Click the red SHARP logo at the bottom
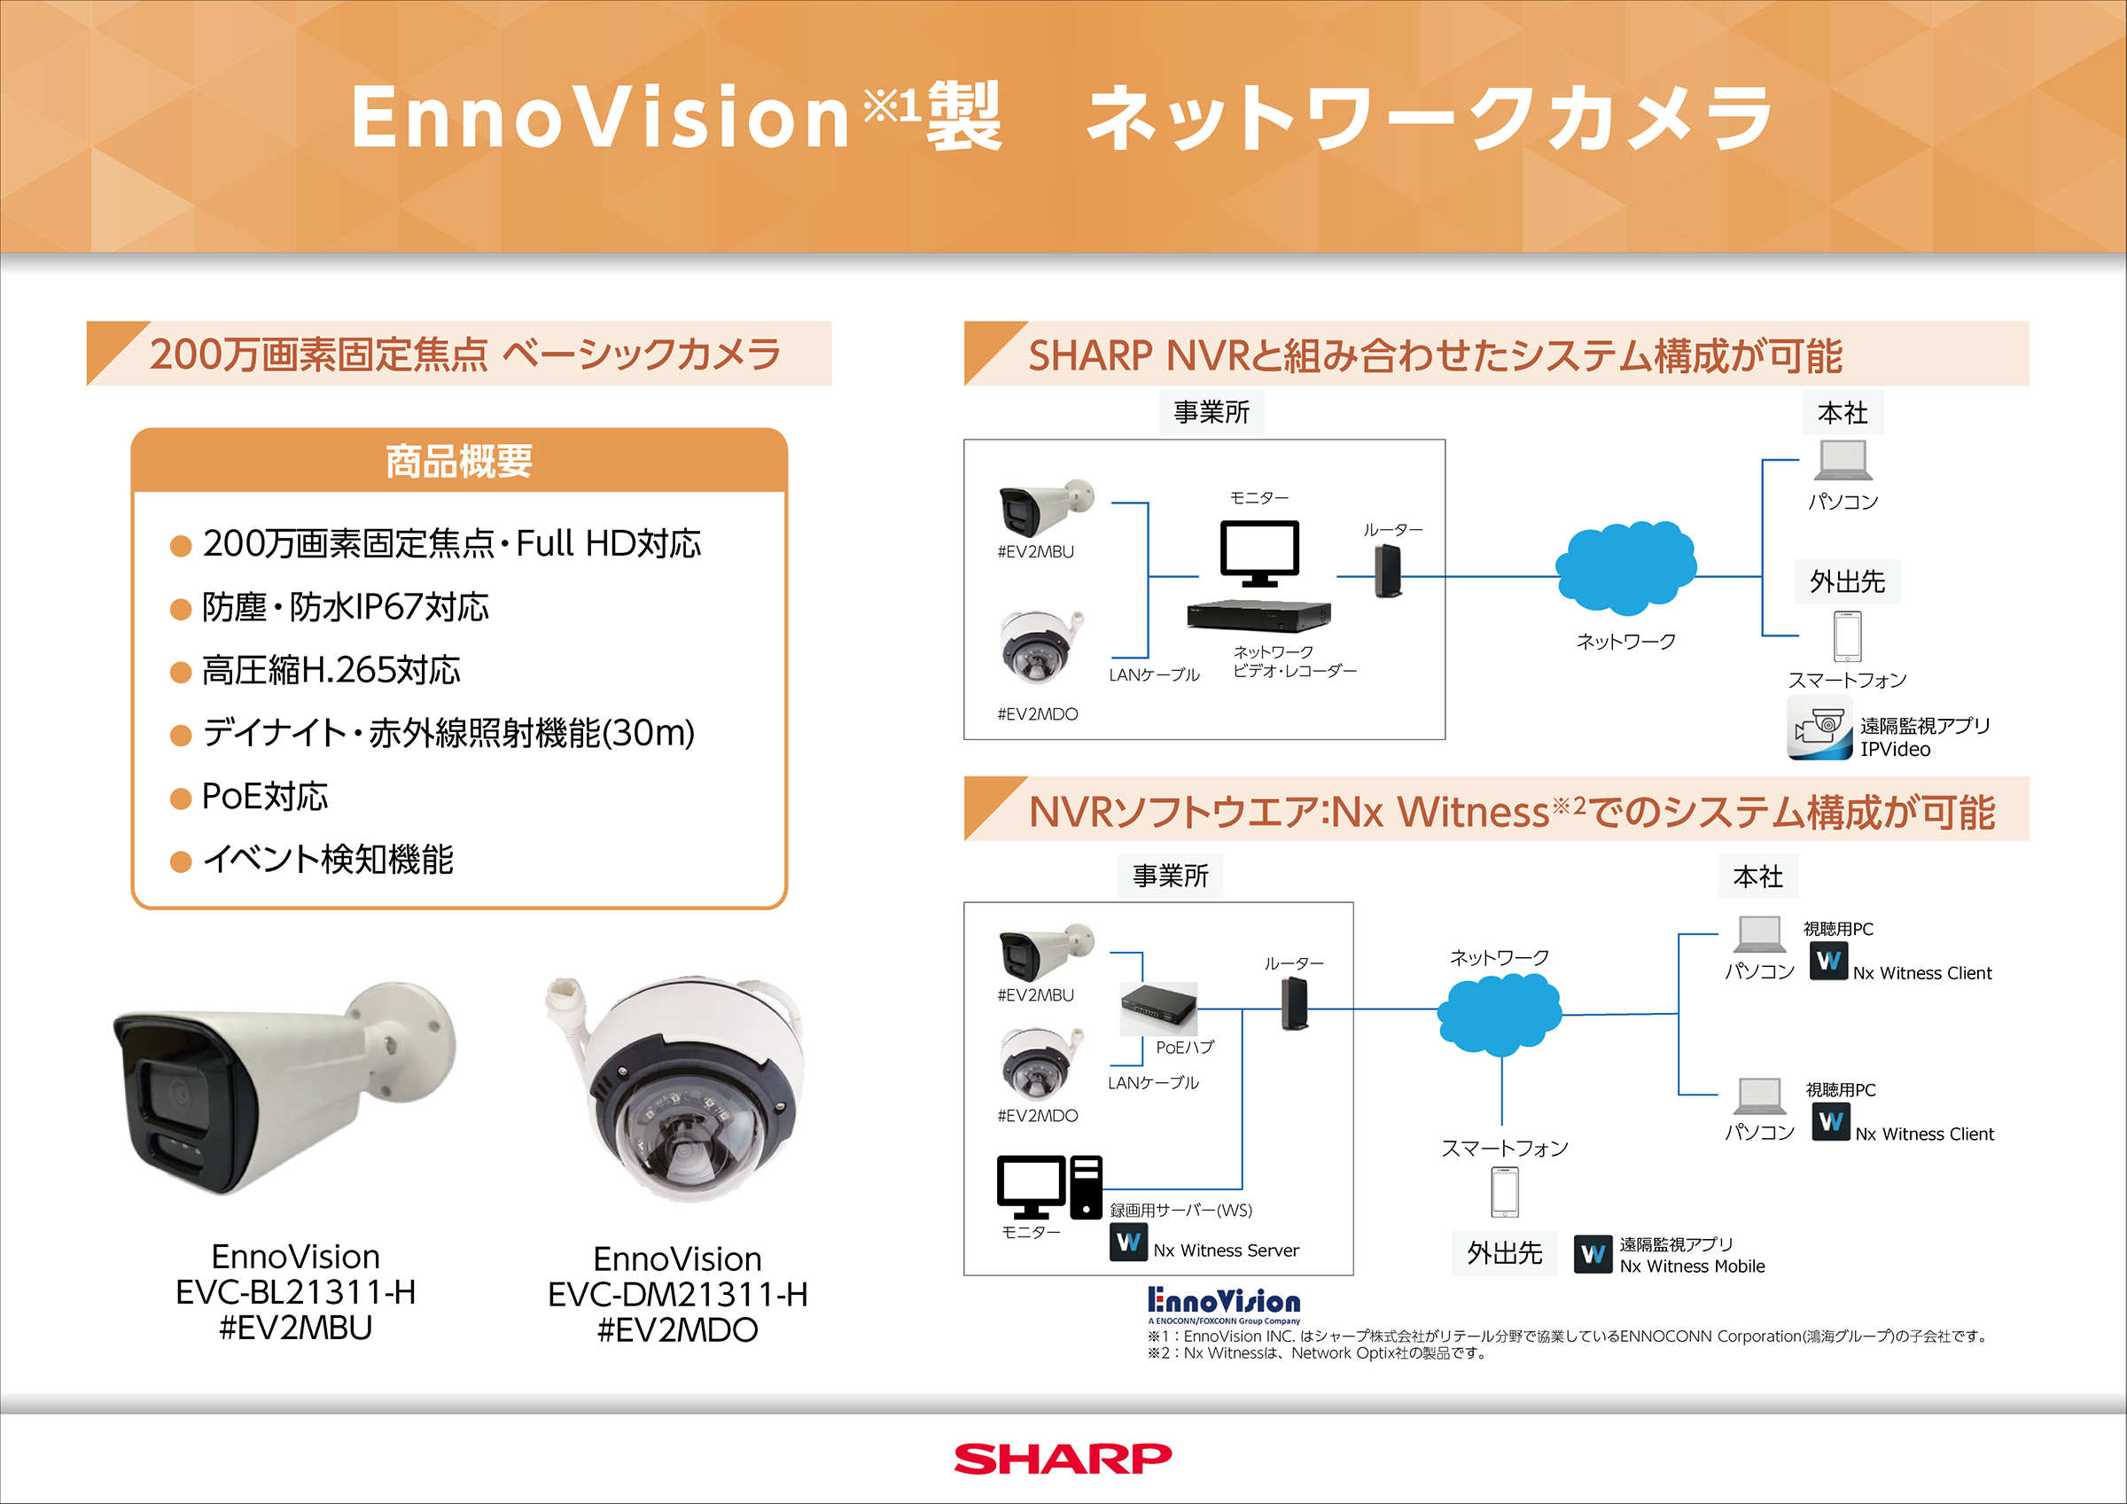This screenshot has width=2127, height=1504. point(1063,1458)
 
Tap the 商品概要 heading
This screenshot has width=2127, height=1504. point(458,462)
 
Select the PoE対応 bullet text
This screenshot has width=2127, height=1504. point(265,797)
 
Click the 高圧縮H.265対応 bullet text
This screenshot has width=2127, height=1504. point(331,670)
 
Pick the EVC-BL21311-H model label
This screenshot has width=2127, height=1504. point(295,1292)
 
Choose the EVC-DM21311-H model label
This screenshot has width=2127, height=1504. point(677,1295)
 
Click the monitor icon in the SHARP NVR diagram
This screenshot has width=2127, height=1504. point(1259,553)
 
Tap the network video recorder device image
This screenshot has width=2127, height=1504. point(1259,615)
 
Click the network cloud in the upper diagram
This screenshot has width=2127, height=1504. point(1625,567)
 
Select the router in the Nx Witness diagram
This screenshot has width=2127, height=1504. point(1294,1003)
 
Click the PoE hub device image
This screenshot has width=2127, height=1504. point(1158,1008)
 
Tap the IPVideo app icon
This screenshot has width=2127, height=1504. point(1819,730)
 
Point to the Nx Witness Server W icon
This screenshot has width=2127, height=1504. point(1128,1242)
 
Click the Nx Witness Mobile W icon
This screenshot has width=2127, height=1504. point(1593,1255)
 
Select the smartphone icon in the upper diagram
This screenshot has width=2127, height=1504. point(1847,635)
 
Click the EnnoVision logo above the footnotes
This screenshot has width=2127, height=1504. point(1224,1304)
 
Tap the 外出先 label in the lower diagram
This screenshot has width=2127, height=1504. point(1504,1254)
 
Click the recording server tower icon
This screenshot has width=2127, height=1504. point(1086,1187)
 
